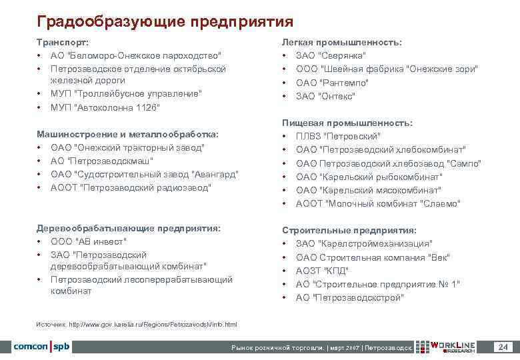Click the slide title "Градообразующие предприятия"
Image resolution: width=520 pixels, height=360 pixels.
(x=165, y=22)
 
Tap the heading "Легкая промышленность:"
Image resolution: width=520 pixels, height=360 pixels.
(x=342, y=42)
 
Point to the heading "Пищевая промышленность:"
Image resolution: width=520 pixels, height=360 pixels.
(x=347, y=123)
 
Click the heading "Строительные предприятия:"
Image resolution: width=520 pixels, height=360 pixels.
(x=349, y=230)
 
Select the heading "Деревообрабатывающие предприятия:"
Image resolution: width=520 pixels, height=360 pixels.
(x=129, y=228)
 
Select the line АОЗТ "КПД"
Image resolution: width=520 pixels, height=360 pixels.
(x=322, y=271)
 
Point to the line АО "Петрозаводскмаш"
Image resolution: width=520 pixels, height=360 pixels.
(x=102, y=161)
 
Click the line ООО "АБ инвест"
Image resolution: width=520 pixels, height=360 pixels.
(x=89, y=241)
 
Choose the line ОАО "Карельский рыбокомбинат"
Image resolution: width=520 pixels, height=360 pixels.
(x=369, y=177)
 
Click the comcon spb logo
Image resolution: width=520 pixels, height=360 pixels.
(x=41, y=347)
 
